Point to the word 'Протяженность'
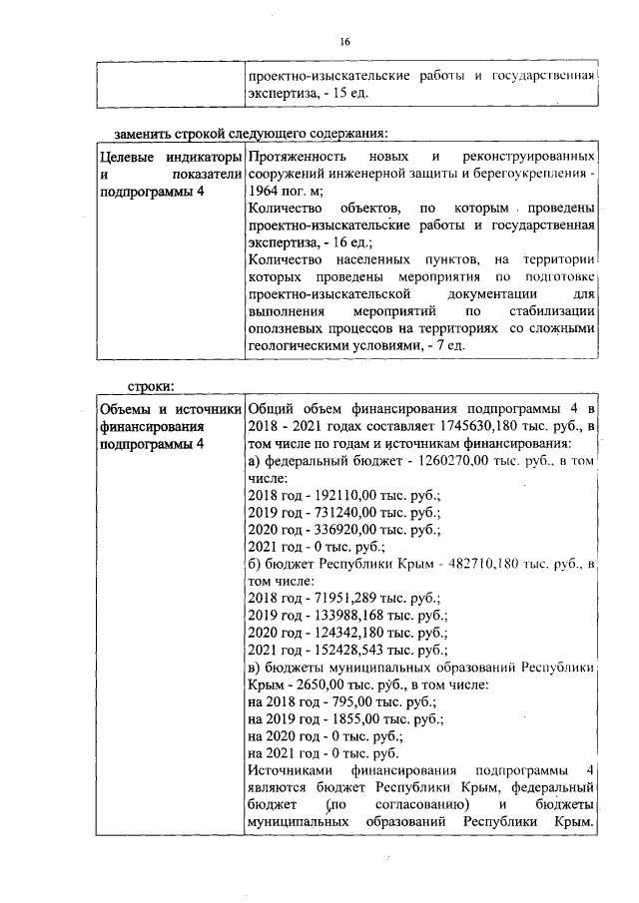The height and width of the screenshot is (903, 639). (297, 159)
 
